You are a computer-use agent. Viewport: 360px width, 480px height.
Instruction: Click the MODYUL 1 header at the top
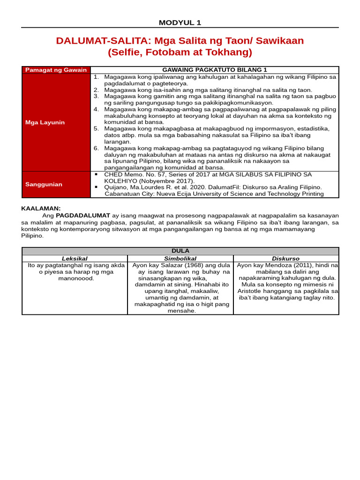180,22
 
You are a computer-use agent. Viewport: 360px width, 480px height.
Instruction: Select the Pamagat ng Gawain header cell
56,70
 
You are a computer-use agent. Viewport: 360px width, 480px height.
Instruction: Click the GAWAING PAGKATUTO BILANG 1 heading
214,70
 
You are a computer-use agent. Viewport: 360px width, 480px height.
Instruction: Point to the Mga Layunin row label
45,122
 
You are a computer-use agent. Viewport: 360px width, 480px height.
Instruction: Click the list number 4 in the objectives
96,109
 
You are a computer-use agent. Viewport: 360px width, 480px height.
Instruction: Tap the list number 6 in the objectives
96,148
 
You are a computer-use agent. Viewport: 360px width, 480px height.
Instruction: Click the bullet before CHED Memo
96,174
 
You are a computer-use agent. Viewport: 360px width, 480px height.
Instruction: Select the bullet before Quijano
96,187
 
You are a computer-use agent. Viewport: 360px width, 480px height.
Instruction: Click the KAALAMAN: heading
41,209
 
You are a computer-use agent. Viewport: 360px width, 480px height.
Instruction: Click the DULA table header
180,251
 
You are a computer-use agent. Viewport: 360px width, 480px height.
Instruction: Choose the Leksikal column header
75,258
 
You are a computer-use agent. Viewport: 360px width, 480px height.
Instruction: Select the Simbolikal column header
180,258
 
